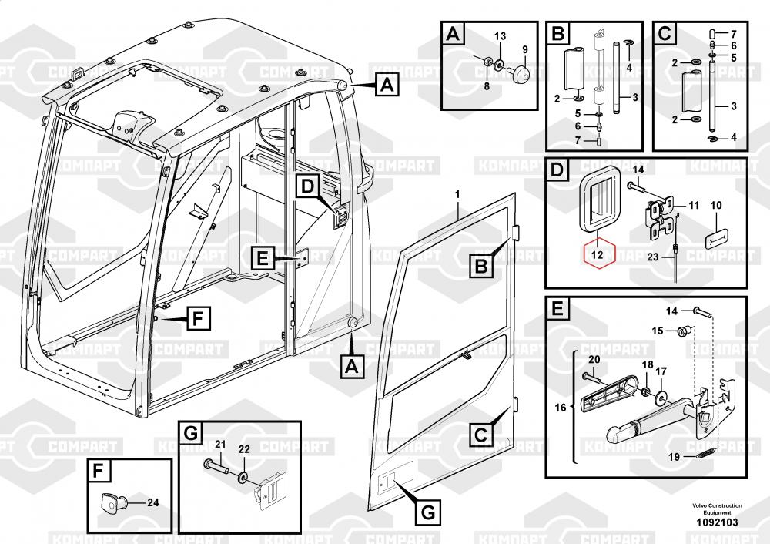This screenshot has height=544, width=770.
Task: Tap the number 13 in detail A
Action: coord(500,37)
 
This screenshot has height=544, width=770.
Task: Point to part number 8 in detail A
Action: coord(487,86)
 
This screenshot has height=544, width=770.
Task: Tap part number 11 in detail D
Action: coord(694,205)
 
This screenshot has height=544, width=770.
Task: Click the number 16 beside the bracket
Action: coord(561,406)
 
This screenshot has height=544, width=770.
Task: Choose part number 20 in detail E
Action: coord(594,359)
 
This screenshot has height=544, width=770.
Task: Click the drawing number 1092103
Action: coord(716,522)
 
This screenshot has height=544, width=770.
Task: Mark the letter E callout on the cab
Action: coord(262,260)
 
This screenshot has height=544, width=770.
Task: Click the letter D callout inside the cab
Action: coord(307,186)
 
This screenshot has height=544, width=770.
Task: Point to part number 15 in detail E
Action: coord(658,331)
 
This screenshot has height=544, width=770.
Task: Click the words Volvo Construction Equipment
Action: coord(716,509)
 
